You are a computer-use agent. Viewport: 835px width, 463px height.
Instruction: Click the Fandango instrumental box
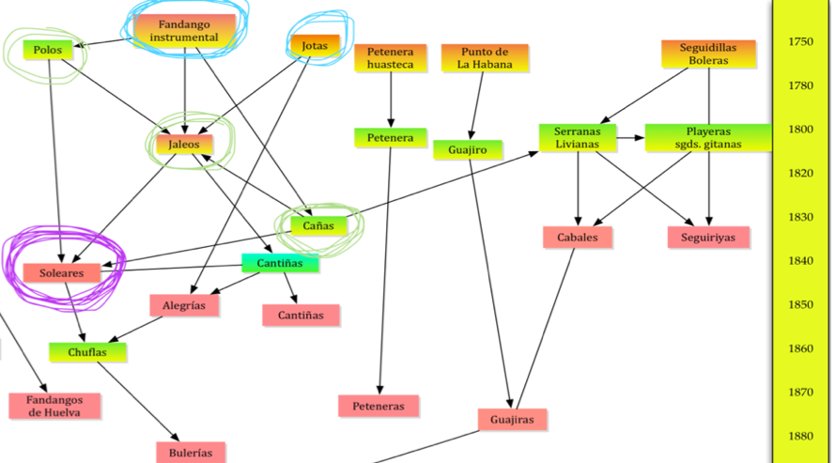tap(184, 30)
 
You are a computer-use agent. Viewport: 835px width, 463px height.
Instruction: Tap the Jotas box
tap(315, 45)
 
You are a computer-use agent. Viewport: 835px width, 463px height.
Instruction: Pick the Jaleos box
tap(184, 145)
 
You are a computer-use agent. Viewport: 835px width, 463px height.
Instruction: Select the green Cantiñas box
tap(280, 264)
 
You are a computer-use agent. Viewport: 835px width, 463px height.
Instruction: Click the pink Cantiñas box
tap(301, 316)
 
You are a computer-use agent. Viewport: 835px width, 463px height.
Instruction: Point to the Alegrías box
tap(184, 304)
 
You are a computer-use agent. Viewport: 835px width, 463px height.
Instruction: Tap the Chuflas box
tap(87, 353)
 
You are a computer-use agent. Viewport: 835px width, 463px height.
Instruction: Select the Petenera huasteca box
tap(390, 58)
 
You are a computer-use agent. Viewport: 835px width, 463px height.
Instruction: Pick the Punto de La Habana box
tap(484, 58)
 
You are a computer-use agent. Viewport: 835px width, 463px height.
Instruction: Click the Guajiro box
tap(467, 149)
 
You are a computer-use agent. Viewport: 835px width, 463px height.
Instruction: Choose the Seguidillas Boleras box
tap(708, 54)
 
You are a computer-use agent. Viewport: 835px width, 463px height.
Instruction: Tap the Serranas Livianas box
tap(577, 137)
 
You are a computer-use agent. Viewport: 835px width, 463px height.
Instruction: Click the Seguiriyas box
tap(708, 238)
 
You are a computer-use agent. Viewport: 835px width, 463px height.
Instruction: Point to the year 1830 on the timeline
tap(800, 217)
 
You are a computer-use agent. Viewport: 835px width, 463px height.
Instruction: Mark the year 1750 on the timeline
tap(800, 41)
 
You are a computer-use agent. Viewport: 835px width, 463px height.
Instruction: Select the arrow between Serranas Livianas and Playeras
tap(630, 138)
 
